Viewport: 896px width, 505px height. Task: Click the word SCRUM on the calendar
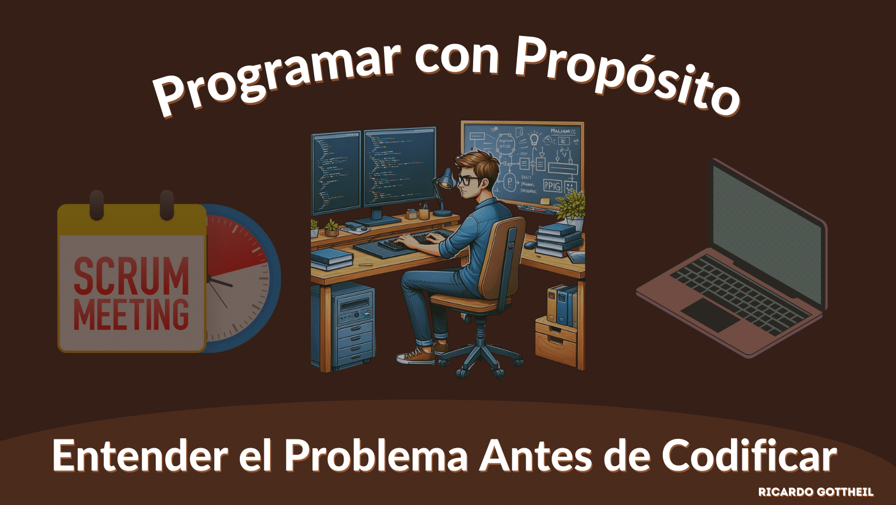(131, 277)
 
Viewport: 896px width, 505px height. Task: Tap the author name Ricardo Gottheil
(815, 492)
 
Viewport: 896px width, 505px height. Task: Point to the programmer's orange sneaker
(416, 357)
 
